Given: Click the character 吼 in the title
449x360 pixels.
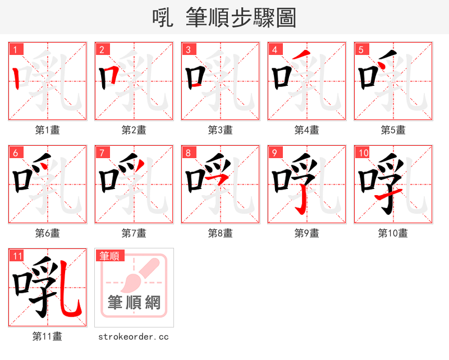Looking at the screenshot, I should [163, 18].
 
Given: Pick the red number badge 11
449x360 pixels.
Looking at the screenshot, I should [17, 256].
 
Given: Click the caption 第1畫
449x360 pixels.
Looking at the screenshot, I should [48, 130].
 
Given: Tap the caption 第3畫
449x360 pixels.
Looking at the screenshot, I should [221, 130].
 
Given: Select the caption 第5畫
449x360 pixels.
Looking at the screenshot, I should [393, 130].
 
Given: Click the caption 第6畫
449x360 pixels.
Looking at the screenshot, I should [48, 233].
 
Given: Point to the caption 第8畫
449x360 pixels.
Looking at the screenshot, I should [221, 233].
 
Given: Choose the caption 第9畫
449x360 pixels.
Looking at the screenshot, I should [306, 233].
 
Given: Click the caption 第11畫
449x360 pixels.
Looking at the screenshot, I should [48, 336].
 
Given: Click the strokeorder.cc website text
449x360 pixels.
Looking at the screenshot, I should [134, 336].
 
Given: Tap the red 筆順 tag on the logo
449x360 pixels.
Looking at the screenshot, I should [109, 256].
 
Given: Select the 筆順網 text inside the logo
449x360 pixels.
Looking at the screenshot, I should [134, 303].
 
